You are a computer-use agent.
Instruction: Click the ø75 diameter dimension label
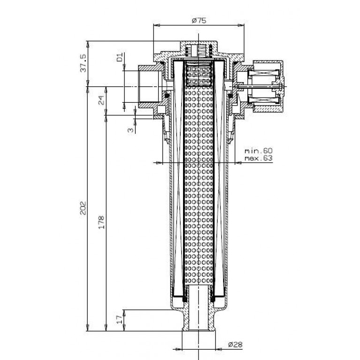(199, 21)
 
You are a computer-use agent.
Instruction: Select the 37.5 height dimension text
(83, 63)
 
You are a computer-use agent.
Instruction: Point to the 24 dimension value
(101, 100)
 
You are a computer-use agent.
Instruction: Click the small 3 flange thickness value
(130, 130)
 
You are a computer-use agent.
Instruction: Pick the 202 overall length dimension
(83, 208)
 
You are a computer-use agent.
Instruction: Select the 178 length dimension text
(101, 222)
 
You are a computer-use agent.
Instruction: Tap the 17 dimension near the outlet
(120, 319)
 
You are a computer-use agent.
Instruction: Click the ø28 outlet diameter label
(236, 345)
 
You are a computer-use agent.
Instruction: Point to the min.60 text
(259, 151)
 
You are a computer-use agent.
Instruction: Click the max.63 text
(259, 158)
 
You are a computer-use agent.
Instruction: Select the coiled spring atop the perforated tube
(199, 74)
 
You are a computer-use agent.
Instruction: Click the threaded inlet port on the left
(150, 86)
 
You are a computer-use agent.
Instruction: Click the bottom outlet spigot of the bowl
(199, 320)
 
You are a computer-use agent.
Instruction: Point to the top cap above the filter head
(199, 48)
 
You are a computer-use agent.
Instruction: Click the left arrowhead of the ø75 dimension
(156, 25)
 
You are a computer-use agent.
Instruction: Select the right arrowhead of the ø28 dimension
(219, 349)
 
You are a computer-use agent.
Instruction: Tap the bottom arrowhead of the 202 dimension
(87, 328)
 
